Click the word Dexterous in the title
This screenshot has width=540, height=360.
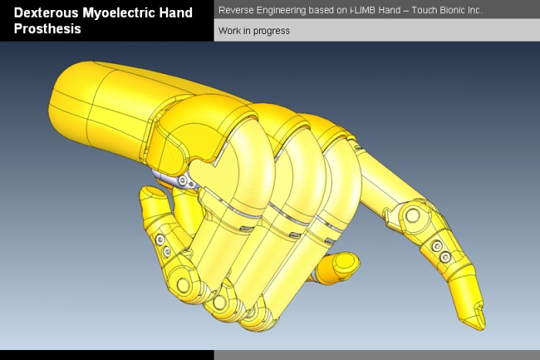click(46, 12)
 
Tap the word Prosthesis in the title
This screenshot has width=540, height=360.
click(47, 29)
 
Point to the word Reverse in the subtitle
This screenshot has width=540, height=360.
click(235, 11)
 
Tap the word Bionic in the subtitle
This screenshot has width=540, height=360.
click(452, 11)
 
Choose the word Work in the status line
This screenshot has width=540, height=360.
click(229, 31)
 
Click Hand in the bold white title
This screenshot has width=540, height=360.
click(188, 12)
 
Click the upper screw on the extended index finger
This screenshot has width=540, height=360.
click(436, 245)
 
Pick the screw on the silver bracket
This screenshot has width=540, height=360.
click(183, 182)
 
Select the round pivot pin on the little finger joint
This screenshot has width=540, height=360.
click(183, 284)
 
